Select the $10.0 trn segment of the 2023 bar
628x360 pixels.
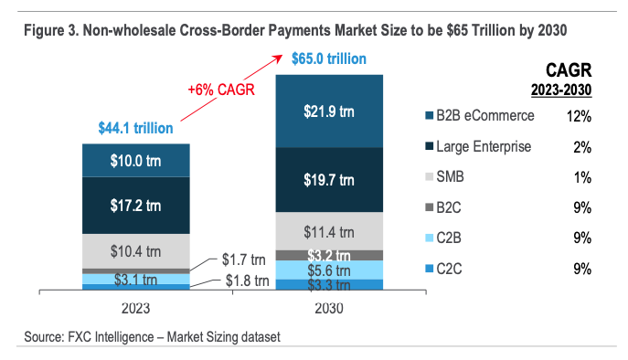136,161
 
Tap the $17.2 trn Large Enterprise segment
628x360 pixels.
136,206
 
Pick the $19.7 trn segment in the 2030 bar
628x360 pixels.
328,179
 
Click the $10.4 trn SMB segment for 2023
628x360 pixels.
136,250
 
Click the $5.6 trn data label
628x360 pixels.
328,270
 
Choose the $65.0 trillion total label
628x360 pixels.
329,59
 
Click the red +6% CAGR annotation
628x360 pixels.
220,90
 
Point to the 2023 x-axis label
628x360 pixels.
136,308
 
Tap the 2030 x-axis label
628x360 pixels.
328,308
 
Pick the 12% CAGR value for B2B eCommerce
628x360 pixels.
579,116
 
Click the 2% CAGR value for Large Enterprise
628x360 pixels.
582,146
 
